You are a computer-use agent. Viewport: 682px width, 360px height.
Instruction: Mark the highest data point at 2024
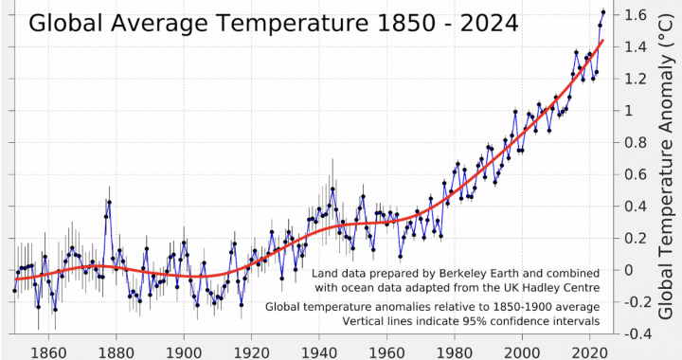click(603, 12)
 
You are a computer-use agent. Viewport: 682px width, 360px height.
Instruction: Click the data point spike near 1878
click(110, 202)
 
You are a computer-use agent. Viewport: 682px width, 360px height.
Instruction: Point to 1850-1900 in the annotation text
click(524, 307)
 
